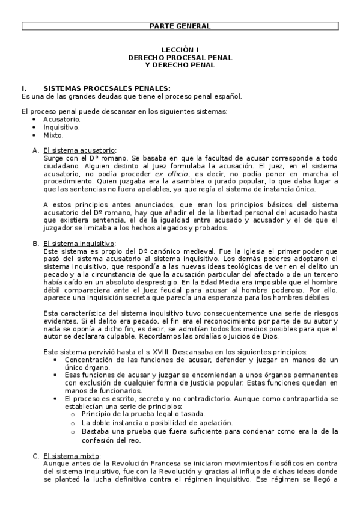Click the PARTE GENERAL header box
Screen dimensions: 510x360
click(x=180, y=26)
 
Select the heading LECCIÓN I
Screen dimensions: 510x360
click(x=180, y=50)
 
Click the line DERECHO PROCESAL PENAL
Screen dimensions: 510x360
click(x=180, y=57)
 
